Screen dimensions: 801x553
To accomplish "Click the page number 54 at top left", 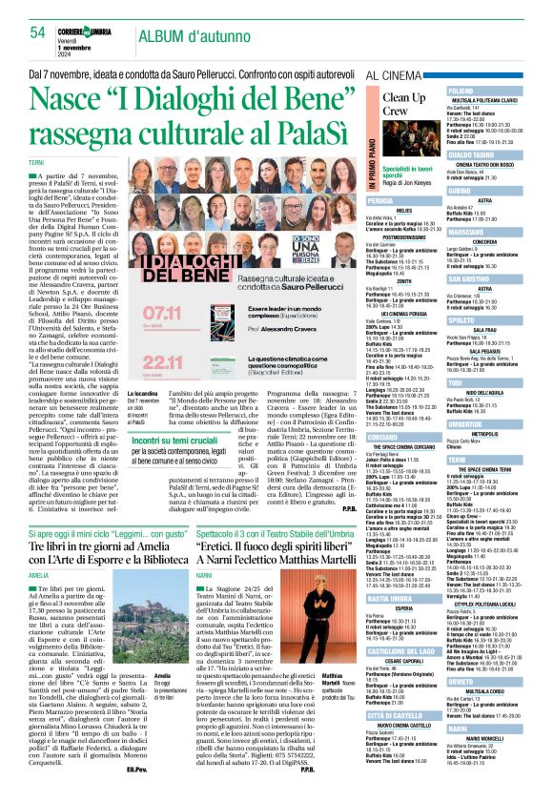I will (35, 32).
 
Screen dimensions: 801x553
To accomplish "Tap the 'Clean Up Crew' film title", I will (403, 105).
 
